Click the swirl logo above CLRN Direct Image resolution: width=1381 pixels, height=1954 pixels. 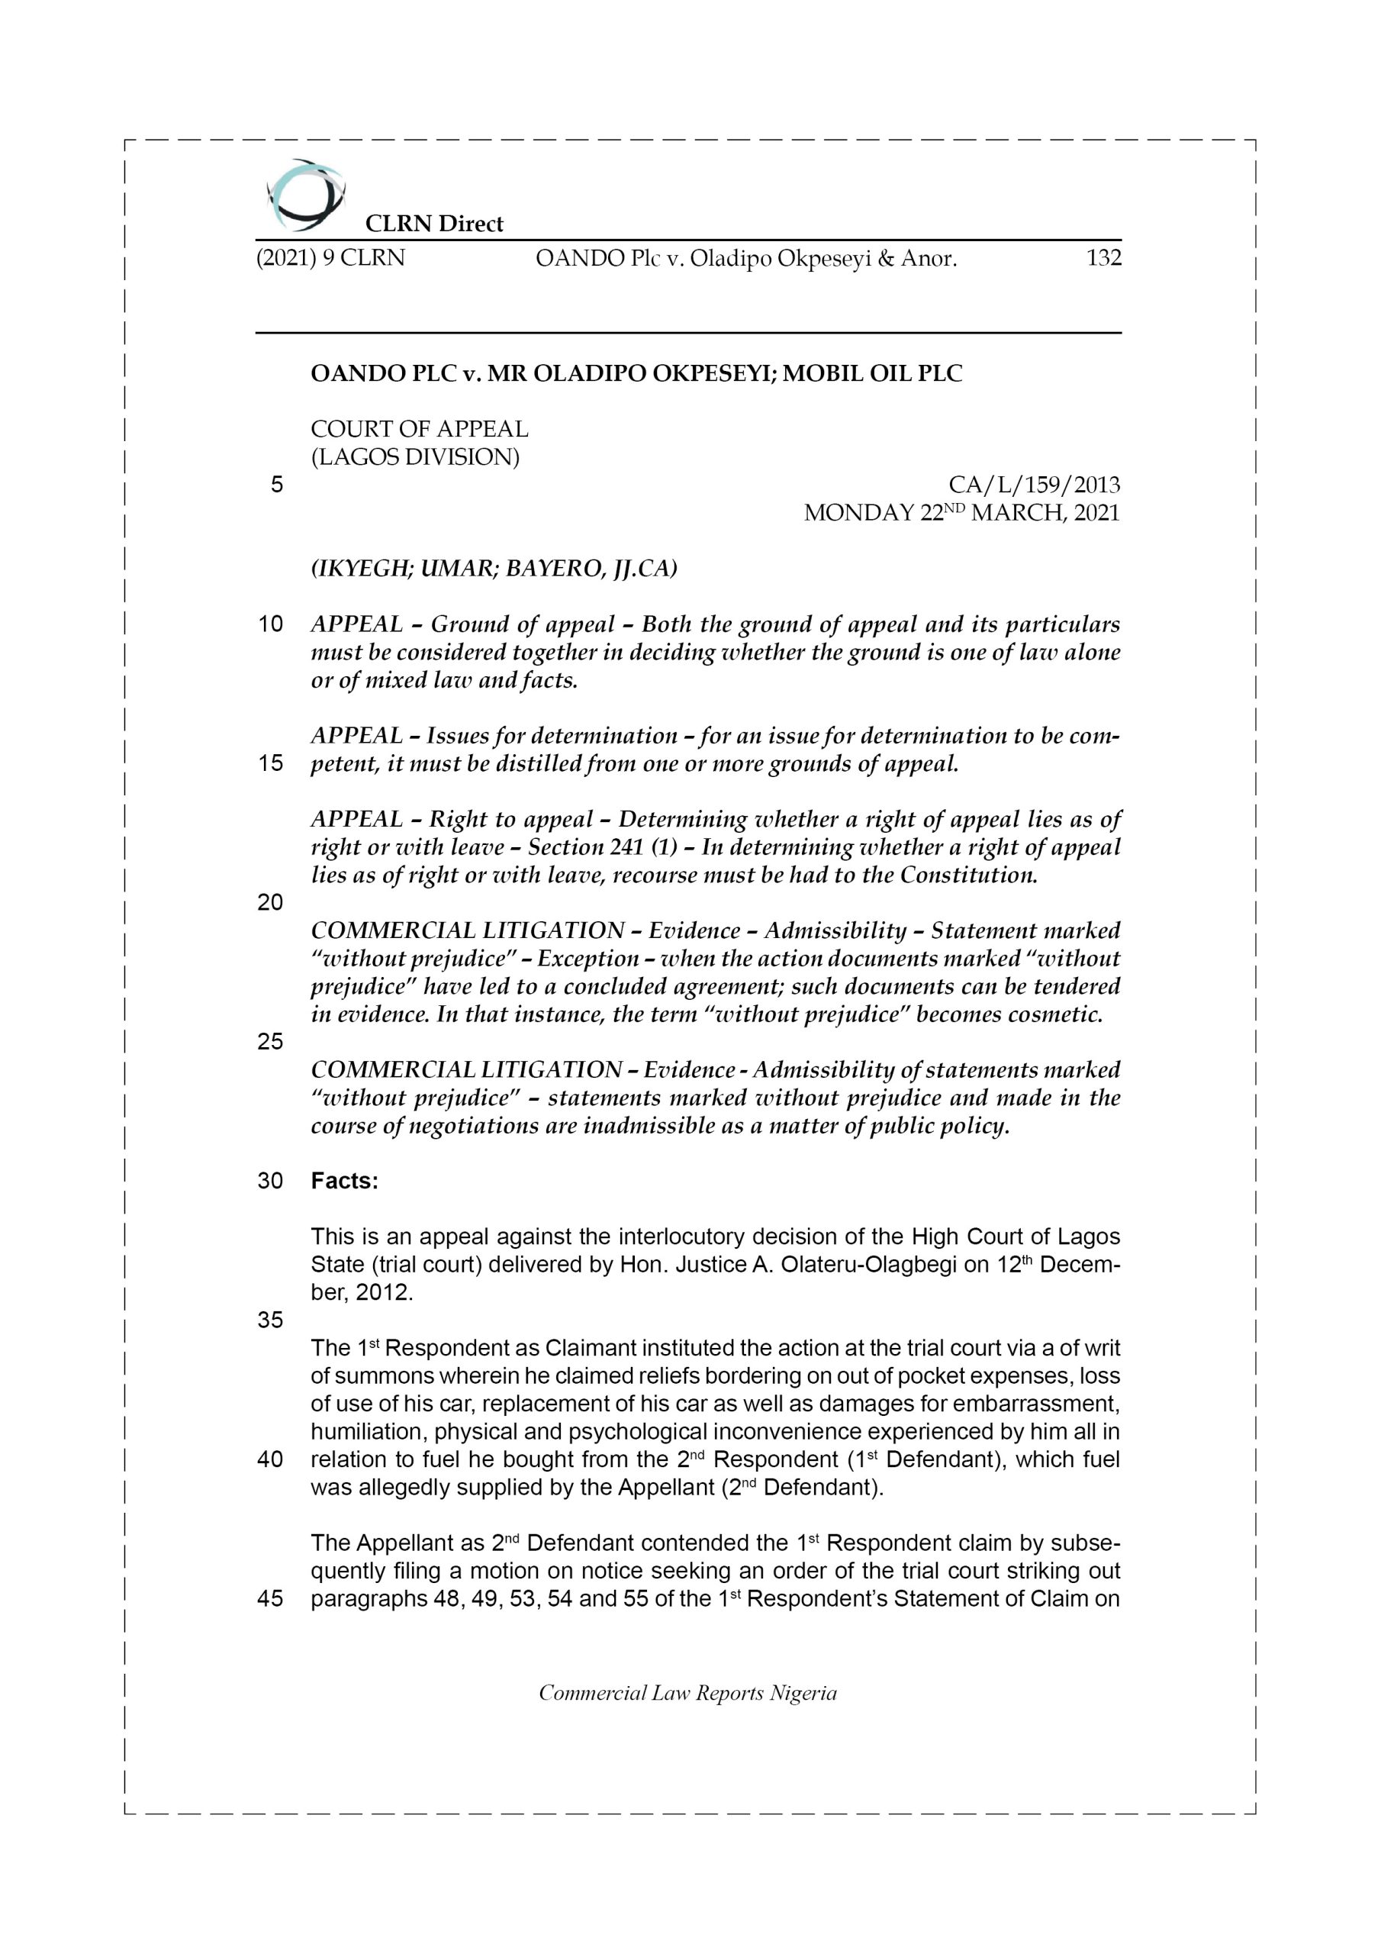[x=305, y=195]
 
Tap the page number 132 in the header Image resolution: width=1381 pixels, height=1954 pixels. [x=1103, y=257]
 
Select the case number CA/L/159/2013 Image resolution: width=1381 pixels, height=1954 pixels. [x=1034, y=485]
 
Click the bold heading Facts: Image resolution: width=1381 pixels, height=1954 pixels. [x=345, y=1182]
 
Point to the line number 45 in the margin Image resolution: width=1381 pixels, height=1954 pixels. [x=270, y=1599]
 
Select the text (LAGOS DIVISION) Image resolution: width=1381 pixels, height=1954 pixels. [x=414, y=457]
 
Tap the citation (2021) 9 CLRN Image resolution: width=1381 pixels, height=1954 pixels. [x=330, y=257]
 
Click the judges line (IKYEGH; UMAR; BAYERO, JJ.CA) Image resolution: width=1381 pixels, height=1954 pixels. [x=494, y=568]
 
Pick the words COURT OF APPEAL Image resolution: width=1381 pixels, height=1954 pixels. [x=420, y=429]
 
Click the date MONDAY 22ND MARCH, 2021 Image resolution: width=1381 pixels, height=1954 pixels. [x=961, y=513]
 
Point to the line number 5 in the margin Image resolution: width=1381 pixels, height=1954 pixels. [x=276, y=485]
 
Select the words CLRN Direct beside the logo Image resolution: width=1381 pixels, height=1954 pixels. [x=434, y=224]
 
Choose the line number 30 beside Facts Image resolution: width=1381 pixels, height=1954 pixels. [x=270, y=1182]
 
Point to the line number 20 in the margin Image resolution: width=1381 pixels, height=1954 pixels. [x=270, y=902]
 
